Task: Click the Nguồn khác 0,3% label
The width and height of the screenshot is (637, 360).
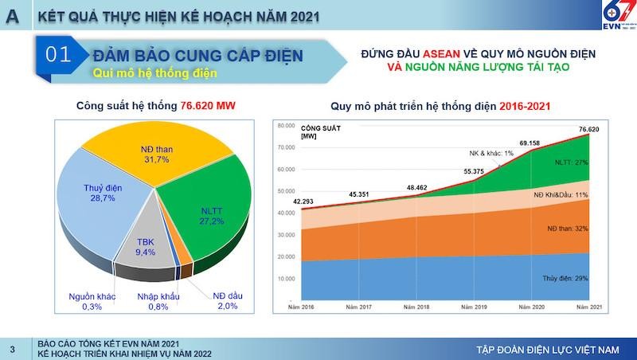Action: (x=93, y=301)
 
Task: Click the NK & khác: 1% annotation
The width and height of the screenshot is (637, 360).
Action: (x=492, y=153)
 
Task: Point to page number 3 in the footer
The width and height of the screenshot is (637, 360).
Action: (x=12, y=349)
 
